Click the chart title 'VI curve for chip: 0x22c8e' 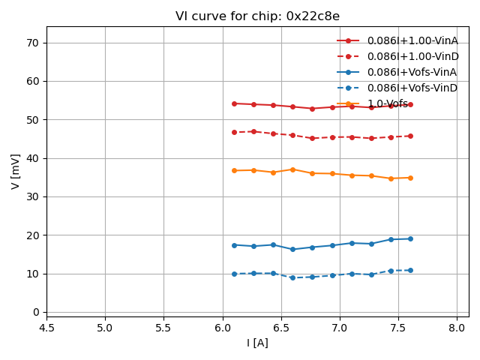click(257, 16)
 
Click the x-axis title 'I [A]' click(257, 343)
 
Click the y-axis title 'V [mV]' click(16, 172)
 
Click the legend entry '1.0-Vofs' click(388, 103)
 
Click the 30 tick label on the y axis click(33, 196)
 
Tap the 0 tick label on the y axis click(36, 312)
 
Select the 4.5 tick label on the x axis click(46, 328)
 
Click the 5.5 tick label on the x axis click(163, 328)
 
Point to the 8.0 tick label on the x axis click(457, 328)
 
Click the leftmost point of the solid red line click(234, 103)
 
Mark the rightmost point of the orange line click(410, 178)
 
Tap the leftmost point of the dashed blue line click(234, 274)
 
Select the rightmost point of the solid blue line click(410, 238)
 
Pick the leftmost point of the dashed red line click(234, 132)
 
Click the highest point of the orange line click(292, 169)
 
